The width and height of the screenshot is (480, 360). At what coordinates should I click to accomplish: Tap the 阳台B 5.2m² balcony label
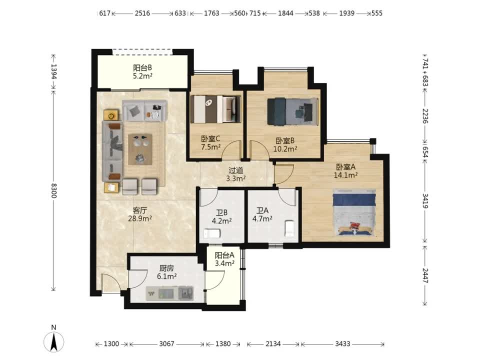pos(142,71)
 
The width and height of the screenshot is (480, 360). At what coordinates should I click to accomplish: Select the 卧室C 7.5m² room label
pos(210,142)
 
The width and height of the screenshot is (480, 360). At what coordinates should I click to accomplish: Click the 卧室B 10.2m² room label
pos(285,145)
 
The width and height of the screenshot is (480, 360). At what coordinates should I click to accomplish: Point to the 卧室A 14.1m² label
pos(345,171)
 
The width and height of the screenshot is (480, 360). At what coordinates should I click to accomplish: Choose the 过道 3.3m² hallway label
pos(235,174)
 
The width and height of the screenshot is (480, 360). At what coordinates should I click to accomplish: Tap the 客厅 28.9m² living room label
pos(140,214)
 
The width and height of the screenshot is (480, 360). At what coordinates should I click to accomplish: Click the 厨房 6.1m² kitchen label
pos(166,272)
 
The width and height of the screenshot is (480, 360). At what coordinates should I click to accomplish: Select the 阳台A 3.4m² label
pos(224,259)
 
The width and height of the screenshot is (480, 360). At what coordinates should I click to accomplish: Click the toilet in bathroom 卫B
pos(212,233)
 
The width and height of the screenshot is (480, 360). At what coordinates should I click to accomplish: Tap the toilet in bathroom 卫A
pos(289,228)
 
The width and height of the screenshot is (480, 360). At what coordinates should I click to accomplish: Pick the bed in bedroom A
pos(354,212)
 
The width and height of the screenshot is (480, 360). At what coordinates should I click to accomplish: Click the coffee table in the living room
pos(140,149)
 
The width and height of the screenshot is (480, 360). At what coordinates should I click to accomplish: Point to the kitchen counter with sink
pos(169,293)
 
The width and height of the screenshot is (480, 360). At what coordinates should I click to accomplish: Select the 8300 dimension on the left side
pos(54,190)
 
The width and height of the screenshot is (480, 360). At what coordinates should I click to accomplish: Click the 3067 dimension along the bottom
pos(166,344)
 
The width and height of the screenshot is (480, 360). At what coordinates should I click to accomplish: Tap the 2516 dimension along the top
pos(142,13)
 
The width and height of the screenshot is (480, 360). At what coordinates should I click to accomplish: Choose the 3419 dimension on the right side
pos(425,201)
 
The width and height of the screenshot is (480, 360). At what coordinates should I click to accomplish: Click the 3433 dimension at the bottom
pos(342,344)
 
